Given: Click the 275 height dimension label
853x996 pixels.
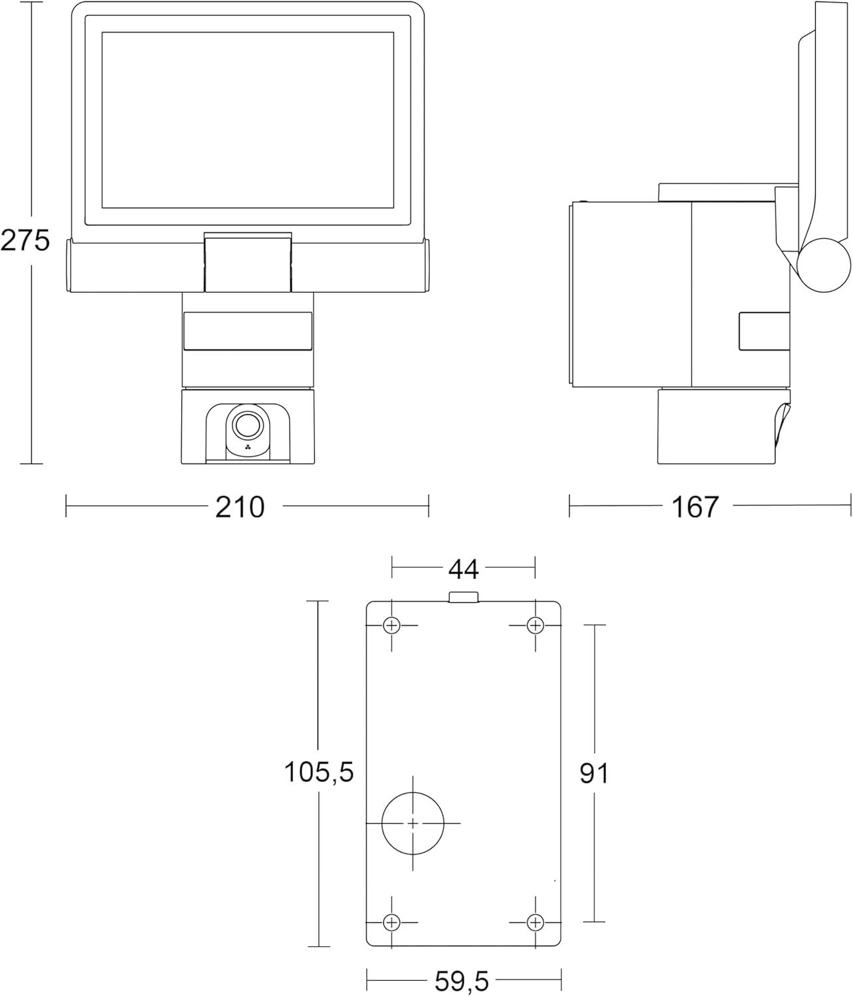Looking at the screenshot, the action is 25,240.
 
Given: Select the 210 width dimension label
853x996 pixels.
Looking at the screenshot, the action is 240,507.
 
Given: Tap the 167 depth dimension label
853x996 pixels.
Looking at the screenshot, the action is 695,507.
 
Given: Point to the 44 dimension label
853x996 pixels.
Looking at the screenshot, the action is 464,569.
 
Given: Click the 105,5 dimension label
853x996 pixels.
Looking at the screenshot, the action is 319,772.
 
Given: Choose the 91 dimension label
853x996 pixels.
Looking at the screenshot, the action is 594,774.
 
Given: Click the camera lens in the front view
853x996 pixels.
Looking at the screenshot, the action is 247,424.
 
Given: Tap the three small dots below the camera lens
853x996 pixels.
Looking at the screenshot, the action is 248,447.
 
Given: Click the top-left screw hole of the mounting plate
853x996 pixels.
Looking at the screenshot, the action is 391,625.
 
